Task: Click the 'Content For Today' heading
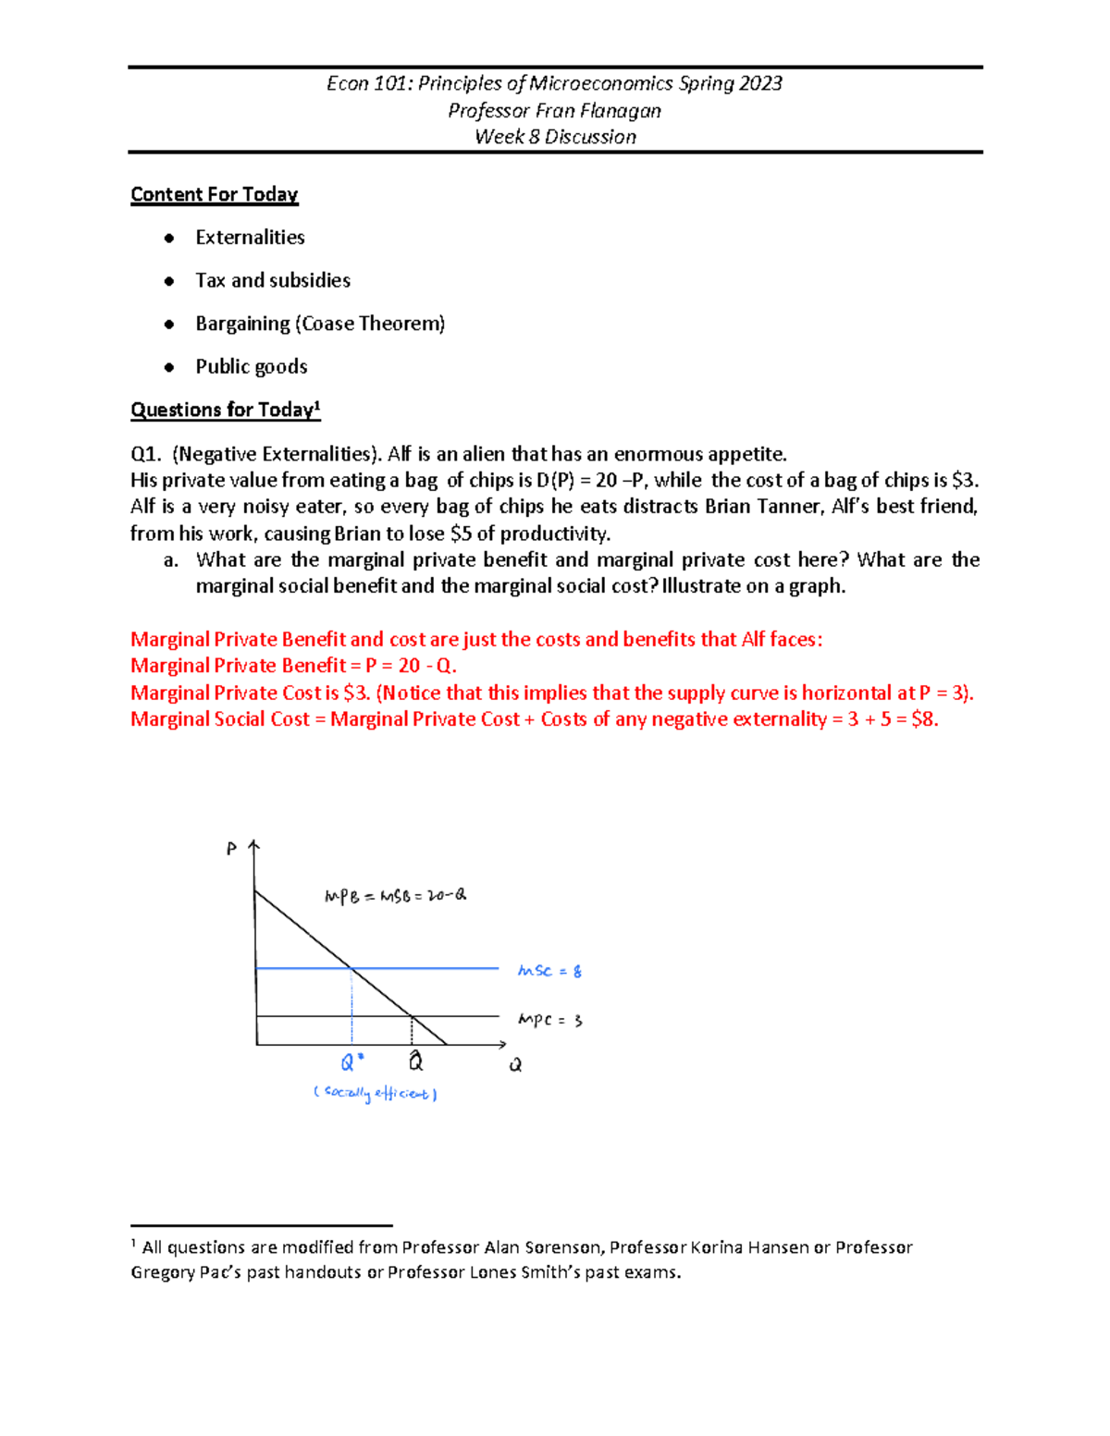[214, 194]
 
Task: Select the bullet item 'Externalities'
[250, 238]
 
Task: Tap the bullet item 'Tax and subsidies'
[273, 280]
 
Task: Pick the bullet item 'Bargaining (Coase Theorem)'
[320, 324]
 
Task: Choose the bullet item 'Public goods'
[252, 367]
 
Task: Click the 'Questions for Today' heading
[225, 410]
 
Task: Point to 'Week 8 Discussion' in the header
[555, 137]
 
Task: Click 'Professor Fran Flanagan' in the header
[555, 111]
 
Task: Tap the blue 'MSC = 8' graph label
[549, 971]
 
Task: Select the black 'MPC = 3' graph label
[549, 1020]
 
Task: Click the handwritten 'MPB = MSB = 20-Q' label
[395, 895]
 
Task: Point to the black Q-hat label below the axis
[415, 1061]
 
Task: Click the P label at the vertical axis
[231, 849]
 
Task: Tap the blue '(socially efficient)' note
[375, 1094]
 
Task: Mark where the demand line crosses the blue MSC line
[351, 968]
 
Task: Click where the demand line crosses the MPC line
[412, 1016]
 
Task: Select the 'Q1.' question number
[145, 454]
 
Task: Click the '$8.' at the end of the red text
[924, 719]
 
